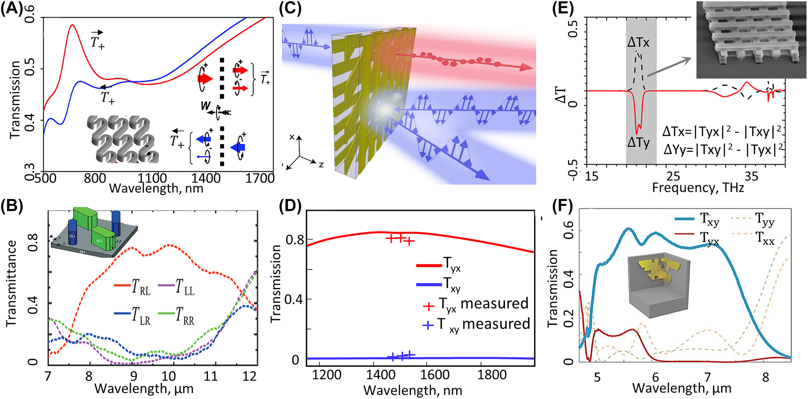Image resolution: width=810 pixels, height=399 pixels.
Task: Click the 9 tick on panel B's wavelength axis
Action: point(133,376)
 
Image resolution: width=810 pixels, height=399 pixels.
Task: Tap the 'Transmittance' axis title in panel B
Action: point(11,284)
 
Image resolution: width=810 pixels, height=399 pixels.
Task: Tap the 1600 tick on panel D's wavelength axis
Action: point(434,375)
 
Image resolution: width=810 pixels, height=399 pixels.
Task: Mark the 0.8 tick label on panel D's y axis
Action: point(295,240)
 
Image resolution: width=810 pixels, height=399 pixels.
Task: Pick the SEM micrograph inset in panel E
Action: point(751,39)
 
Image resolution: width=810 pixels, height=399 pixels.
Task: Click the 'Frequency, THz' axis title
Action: point(698,188)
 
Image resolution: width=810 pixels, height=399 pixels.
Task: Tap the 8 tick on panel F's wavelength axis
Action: point(765,378)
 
